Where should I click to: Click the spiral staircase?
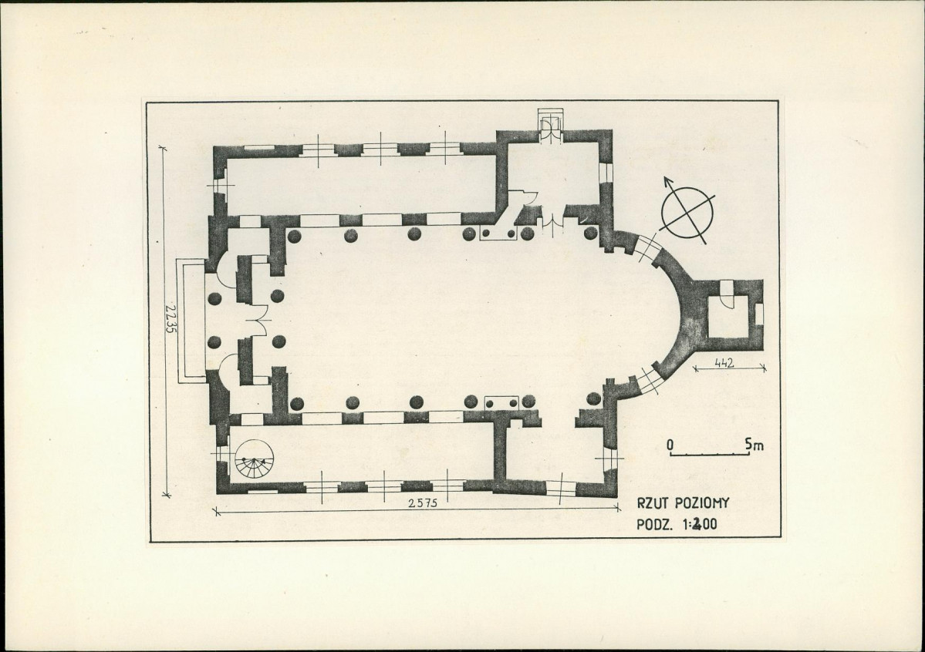click(x=255, y=460)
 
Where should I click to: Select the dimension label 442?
click(x=724, y=363)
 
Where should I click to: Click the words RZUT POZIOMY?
click(x=683, y=502)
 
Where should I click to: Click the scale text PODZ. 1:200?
click(x=677, y=523)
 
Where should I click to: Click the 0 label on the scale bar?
click(x=670, y=444)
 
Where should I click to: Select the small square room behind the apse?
click(x=728, y=315)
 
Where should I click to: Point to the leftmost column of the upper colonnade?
click(x=295, y=236)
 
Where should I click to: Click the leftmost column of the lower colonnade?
click(x=297, y=404)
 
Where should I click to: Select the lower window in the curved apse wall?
click(x=648, y=381)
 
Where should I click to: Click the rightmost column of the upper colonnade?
click(x=590, y=233)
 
